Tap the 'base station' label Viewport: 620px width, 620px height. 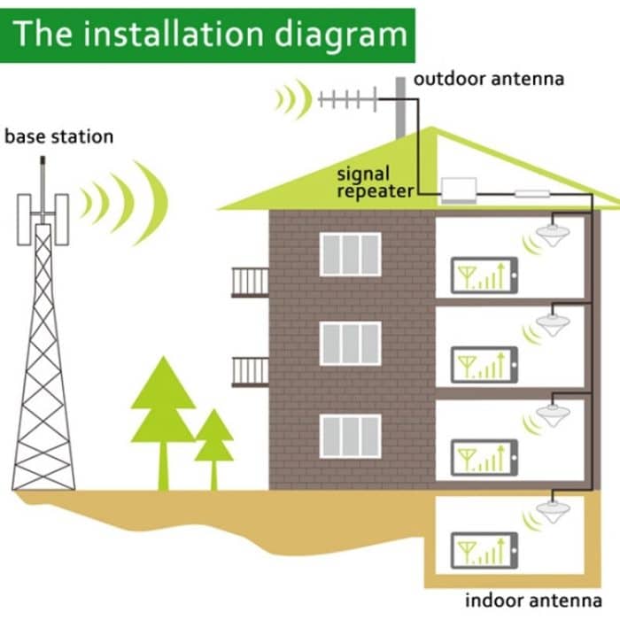[59, 137]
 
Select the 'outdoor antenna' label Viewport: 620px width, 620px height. [489, 79]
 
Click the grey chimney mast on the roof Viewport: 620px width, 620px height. [400, 106]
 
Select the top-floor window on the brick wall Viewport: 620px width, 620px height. [350, 254]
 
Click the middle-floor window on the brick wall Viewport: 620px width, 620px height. [350, 344]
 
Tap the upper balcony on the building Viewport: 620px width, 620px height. [250, 282]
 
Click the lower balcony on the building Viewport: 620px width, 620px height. [250, 372]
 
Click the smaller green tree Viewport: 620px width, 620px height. [213, 443]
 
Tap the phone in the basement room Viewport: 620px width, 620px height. [483, 550]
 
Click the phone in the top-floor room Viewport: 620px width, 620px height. [483, 275]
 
